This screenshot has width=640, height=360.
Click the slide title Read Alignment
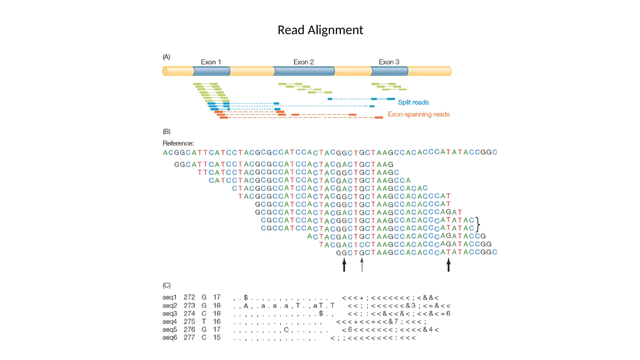[x=320, y=30]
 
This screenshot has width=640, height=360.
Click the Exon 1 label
[x=211, y=62]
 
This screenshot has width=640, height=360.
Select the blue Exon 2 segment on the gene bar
[x=304, y=71]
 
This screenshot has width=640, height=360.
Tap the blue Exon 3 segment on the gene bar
[x=389, y=71]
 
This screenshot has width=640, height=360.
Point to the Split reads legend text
[x=413, y=102]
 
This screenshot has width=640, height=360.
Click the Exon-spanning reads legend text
[x=418, y=114]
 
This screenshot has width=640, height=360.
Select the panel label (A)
[x=166, y=57]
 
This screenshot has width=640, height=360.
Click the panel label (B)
[x=166, y=132]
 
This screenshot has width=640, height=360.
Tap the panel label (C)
[x=166, y=286]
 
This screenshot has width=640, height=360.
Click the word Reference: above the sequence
[x=178, y=143]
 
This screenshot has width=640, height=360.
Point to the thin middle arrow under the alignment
[x=362, y=265]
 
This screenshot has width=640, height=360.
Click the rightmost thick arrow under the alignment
[x=448, y=265]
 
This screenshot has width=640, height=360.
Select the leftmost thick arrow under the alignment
[x=344, y=265]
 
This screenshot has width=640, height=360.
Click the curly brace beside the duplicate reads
[x=478, y=224]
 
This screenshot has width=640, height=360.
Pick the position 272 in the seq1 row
[x=189, y=297]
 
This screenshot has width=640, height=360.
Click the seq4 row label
[x=169, y=322]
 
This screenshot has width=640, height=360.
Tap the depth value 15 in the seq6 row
[x=217, y=338]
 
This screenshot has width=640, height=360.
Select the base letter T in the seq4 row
[x=204, y=322]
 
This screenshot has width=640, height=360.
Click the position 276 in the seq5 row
[x=189, y=330]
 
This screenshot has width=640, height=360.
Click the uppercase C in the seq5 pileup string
[x=286, y=330]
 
